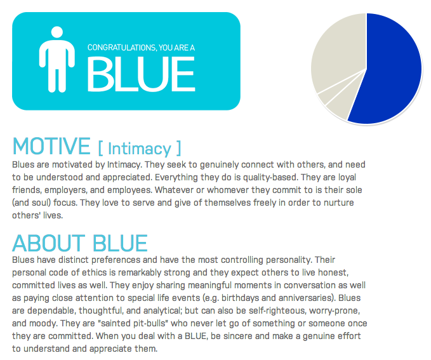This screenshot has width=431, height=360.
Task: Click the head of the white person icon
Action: point(57,32)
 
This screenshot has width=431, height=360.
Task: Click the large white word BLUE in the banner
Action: point(142,74)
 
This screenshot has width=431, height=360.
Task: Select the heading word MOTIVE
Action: point(51,146)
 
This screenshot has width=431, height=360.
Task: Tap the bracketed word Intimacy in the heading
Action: point(140,149)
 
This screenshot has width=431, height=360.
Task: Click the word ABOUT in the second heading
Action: point(49,243)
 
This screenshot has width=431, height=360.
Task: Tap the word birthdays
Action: point(240,298)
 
